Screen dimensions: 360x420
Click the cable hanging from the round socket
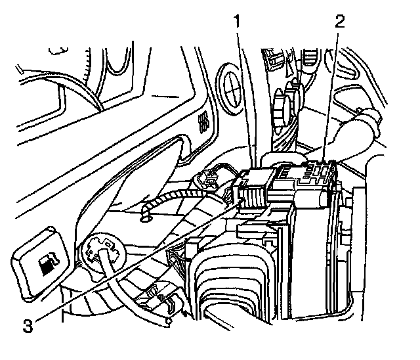(121, 289)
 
